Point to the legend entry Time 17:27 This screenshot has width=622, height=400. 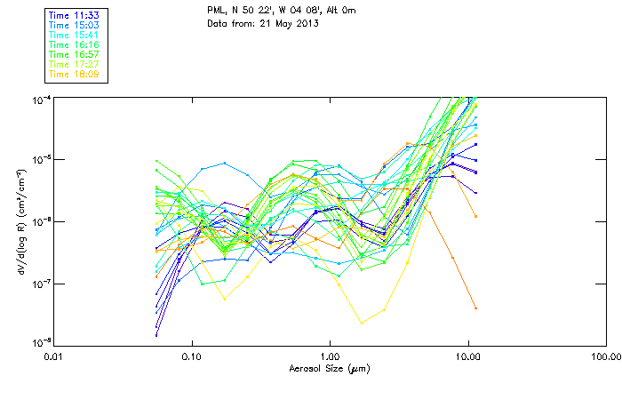pos(73,65)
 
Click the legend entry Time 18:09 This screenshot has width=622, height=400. pos(73,75)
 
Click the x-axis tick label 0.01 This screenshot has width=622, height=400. pos(54,356)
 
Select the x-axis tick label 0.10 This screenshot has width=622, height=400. pos(192,356)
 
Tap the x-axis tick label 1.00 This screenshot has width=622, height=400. pos(330,356)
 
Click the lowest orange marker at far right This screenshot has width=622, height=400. pos(475,308)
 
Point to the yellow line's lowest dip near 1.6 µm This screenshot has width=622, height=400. pos(360,322)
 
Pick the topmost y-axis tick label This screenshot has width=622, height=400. pos(40,98)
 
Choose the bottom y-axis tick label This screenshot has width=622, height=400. pos(40,344)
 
